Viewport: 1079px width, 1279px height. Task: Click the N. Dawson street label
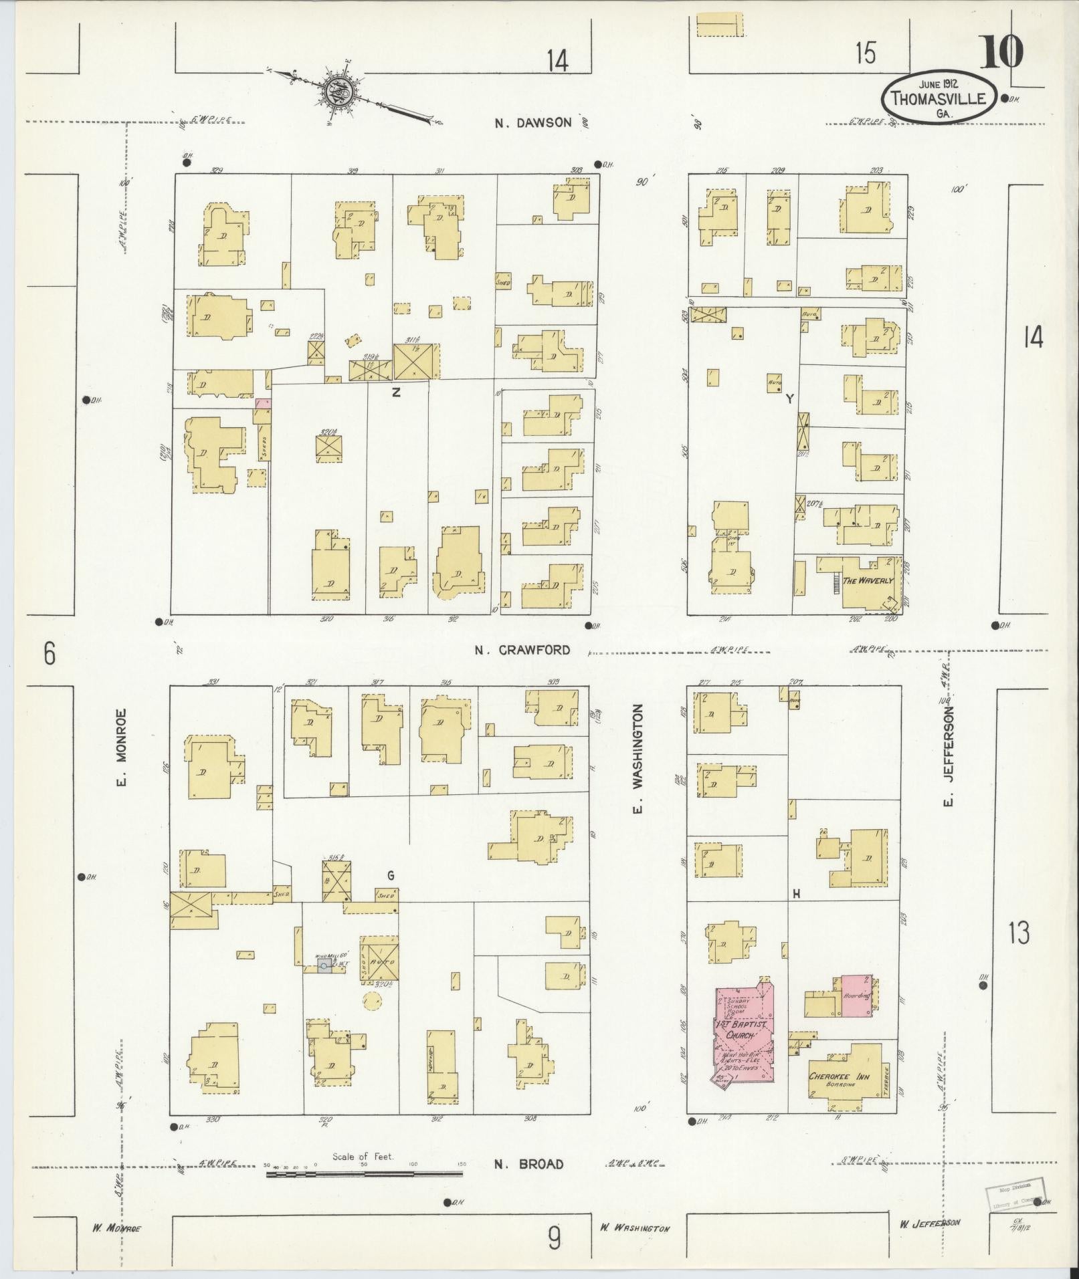pos(533,122)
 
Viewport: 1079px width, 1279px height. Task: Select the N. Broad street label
pos(528,1164)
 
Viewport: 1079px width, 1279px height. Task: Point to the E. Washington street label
pos(638,760)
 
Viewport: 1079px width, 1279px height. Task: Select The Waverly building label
pos(868,580)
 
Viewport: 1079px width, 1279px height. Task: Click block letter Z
pos(396,393)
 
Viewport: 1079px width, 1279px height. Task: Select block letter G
pos(391,875)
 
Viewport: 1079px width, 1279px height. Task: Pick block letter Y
pos(789,399)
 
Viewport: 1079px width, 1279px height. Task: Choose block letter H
pos(796,893)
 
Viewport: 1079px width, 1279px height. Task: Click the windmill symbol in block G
pos(324,966)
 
